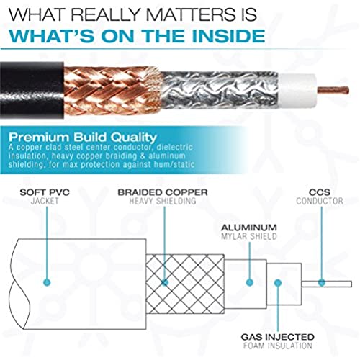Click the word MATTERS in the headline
click(x=190, y=14)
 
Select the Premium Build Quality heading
click(x=83, y=137)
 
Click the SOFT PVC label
click(x=45, y=192)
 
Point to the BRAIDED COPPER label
click(x=163, y=192)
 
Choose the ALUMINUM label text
click(x=249, y=228)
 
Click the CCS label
click(x=320, y=192)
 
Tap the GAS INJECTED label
click(x=278, y=337)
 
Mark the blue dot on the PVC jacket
click(x=47, y=282)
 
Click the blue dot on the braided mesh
click(x=165, y=282)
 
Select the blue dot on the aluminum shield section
click(x=250, y=282)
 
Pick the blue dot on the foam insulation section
click(x=278, y=283)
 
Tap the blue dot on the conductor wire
click(x=322, y=283)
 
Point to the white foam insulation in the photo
click(x=297, y=91)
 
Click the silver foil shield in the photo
click(x=220, y=90)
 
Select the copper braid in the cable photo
click(x=112, y=91)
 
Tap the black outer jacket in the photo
click(x=32, y=90)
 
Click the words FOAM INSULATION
click(x=278, y=346)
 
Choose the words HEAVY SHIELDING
click(x=163, y=201)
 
